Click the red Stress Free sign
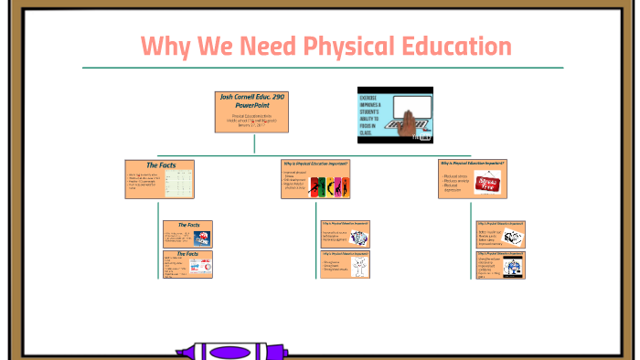coord(487,181)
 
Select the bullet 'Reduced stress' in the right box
coord(454,175)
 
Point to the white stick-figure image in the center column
coord(360,267)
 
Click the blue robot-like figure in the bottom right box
coord(515,267)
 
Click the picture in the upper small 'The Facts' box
coord(201,238)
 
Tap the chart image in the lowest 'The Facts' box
coord(200,267)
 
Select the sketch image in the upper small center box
coord(358,237)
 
